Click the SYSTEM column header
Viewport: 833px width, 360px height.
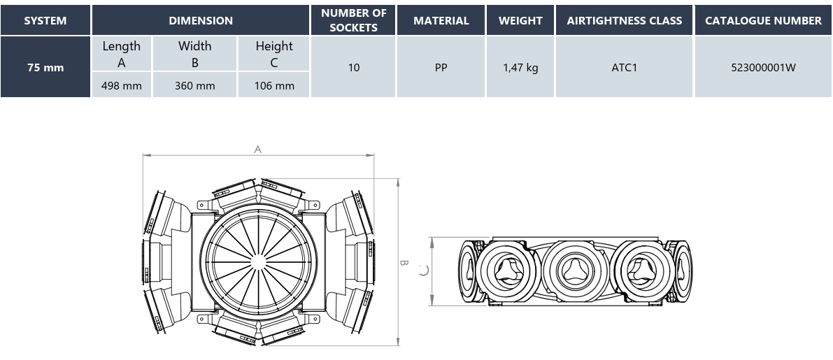(x=45, y=21)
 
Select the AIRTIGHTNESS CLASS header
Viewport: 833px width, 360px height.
(x=624, y=21)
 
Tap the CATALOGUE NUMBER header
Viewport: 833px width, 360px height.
(x=763, y=21)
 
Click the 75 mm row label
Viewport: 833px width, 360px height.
(x=45, y=67)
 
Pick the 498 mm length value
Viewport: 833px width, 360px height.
(x=122, y=85)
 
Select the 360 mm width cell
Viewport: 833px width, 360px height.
(x=195, y=85)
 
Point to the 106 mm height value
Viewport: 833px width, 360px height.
(x=274, y=85)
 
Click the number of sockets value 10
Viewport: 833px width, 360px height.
(x=354, y=67)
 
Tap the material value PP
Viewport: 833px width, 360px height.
(x=441, y=67)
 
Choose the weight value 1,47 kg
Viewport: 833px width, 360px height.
(x=520, y=68)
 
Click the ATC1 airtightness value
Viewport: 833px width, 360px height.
(x=624, y=67)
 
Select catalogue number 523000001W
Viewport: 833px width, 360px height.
(x=763, y=67)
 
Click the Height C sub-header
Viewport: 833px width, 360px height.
(x=274, y=54)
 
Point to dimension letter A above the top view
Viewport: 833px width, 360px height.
(x=257, y=150)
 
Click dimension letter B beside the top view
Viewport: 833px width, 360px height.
(x=404, y=263)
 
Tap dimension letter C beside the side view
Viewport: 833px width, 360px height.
(x=423, y=271)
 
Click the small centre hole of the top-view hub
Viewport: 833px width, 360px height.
(x=258, y=262)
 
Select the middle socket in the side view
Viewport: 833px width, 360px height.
(x=576, y=271)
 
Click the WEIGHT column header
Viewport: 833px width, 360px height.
(x=520, y=21)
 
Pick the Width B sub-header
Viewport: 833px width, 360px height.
(x=195, y=54)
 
